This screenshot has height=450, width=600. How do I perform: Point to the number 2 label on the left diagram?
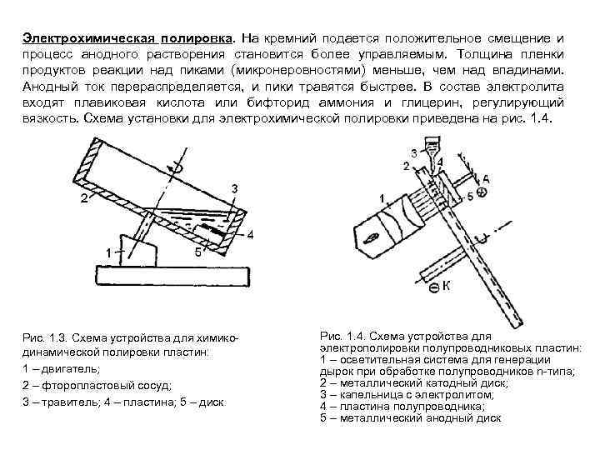point(84,198)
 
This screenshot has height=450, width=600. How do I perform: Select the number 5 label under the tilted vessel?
point(197,251)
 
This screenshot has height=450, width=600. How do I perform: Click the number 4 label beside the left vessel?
point(249,234)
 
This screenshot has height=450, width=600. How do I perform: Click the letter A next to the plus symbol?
point(486,178)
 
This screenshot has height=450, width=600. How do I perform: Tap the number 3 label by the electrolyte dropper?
point(414,152)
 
